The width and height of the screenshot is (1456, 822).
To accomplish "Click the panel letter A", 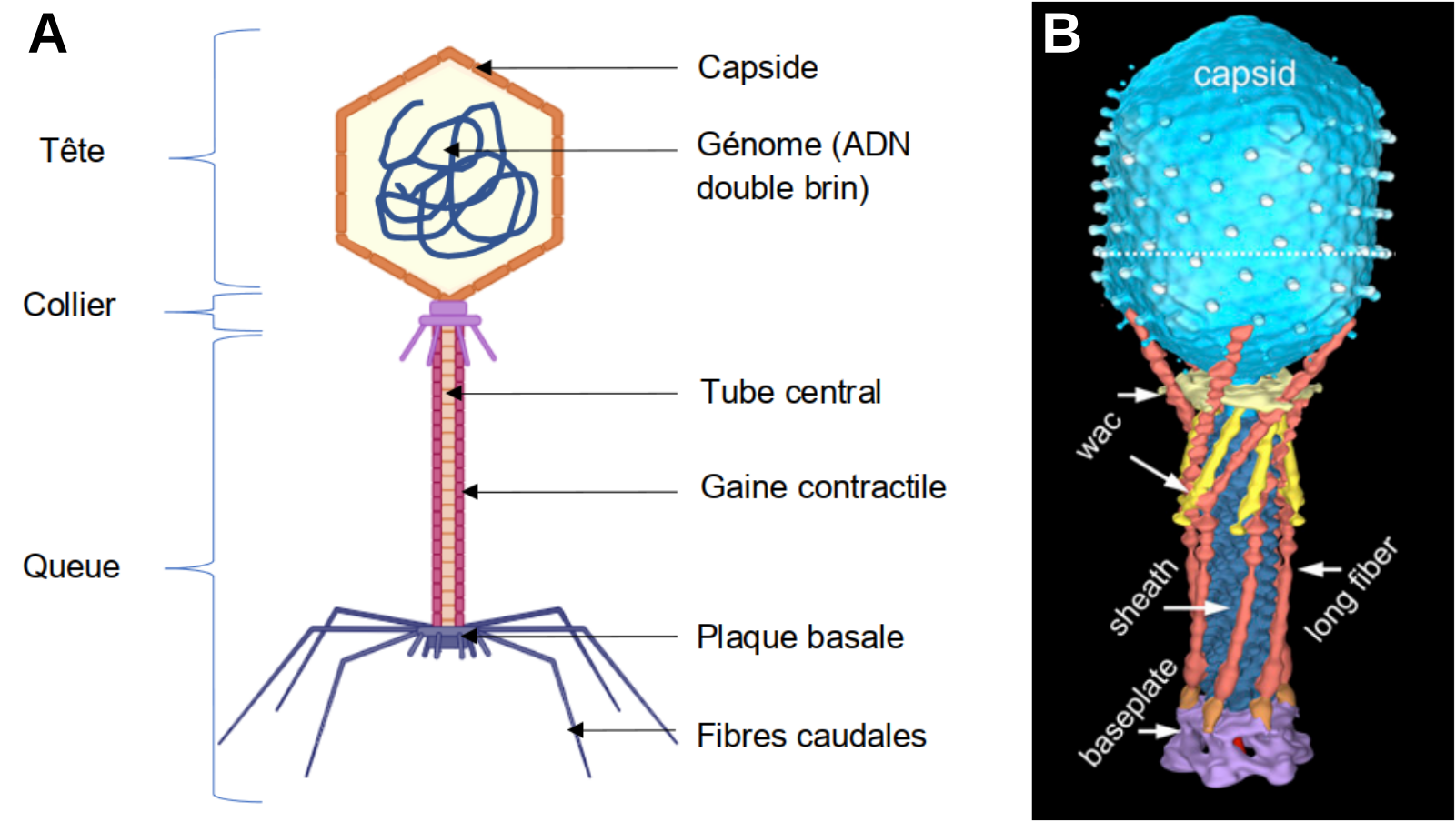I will (47, 35).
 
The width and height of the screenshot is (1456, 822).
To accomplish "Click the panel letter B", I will (1061, 34).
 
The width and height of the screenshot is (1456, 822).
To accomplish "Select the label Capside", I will (758, 67).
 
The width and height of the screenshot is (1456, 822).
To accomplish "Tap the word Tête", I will (72, 151).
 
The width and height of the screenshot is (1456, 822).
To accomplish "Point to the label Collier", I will (69, 305).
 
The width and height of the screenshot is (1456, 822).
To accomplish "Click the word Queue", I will (71, 566).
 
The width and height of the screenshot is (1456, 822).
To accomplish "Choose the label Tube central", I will (790, 392).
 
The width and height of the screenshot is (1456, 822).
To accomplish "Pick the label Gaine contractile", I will (823, 487).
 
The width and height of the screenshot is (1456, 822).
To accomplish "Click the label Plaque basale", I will (800, 637).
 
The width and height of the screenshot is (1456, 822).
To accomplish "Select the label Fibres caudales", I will (811, 736).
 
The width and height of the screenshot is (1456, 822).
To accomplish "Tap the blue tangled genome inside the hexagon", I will (455, 182).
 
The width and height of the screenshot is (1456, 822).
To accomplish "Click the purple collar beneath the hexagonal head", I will (448, 315).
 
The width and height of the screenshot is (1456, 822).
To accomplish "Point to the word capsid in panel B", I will (1244, 75).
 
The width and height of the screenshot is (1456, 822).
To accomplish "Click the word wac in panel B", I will (1099, 436).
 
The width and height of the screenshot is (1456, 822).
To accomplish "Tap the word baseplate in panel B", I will (1128, 712).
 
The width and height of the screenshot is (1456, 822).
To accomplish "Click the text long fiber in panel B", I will (1350, 588).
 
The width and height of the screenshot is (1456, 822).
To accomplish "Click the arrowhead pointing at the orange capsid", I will (483, 67).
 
